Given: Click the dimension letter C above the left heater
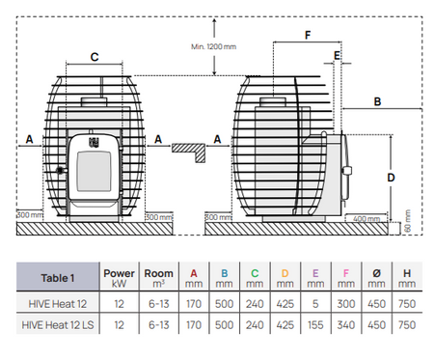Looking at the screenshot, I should pyautogui.click(x=94, y=56).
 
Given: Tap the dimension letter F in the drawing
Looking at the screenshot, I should pyautogui.click(x=307, y=36).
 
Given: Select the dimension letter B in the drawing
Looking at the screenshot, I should pyautogui.click(x=378, y=100).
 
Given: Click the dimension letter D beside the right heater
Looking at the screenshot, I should pyautogui.click(x=390, y=178).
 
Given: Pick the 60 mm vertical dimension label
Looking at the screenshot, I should pyautogui.click(x=407, y=223).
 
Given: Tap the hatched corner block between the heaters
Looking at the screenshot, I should pyautogui.click(x=190, y=149).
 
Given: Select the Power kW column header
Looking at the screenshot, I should pyautogui.click(x=120, y=278).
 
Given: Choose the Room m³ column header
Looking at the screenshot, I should pyautogui.click(x=159, y=278).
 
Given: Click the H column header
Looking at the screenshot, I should pyautogui.click(x=407, y=278).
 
